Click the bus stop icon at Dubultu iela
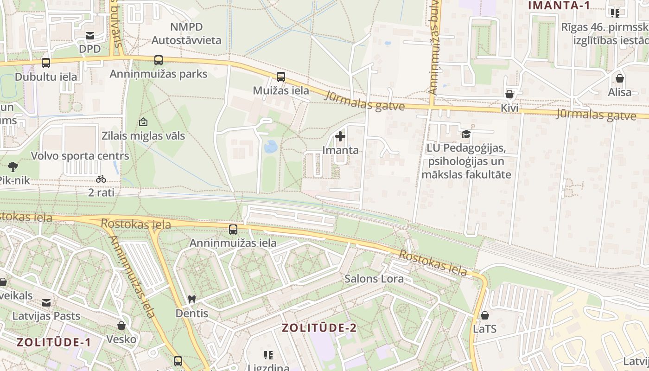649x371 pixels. point(45,63)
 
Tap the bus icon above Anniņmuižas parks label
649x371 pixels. point(159,60)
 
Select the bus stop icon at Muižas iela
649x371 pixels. point(281,77)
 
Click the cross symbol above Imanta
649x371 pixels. point(340,136)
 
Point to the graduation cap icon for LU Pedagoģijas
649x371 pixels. point(466,134)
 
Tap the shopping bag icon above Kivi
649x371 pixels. point(509,94)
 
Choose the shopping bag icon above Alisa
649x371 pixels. point(620,78)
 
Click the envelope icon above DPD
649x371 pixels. point(90,35)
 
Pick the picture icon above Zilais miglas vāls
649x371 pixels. point(143,122)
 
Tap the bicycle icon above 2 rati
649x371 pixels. point(101,179)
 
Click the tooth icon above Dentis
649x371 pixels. point(191,300)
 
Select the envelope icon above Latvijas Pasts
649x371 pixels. point(46,303)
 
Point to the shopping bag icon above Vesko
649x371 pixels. point(121,326)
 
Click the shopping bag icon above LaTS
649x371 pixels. point(485,315)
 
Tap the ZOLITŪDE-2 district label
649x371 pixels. point(319,328)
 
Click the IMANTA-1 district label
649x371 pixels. point(559,6)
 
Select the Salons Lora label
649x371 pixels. point(374,279)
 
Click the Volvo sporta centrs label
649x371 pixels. point(80,156)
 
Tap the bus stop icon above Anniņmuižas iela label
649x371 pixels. point(233,229)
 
